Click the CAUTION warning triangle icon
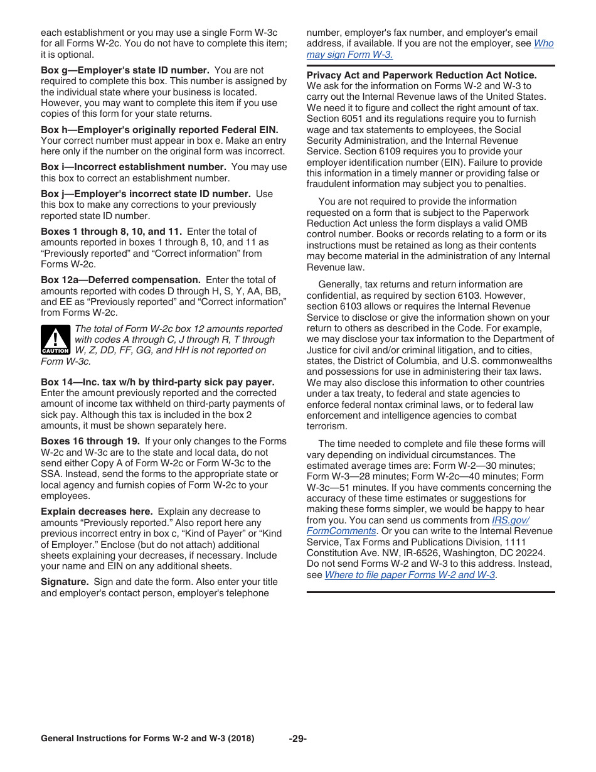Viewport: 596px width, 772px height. pyautogui.click(x=55, y=340)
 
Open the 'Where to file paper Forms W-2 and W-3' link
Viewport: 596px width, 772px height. pyautogui.click(x=410, y=575)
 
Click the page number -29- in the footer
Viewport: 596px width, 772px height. pyautogui.click(x=298, y=739)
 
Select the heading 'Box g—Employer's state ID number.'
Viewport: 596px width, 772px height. pyautogui.click(x=125, y=70)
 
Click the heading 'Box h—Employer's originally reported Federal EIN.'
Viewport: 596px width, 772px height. pyautogui.click(x=159, y=130)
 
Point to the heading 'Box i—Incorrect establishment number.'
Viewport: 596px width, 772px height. pyautogui.click(x=133, y=167)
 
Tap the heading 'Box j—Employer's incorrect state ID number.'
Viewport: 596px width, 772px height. pyautogui.click(x=146, y=194)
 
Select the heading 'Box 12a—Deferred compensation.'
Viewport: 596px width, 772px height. pyautogui.click(x=120, y=280)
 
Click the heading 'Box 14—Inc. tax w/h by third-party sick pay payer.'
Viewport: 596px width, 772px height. pyautogui.click(x=157, y=382)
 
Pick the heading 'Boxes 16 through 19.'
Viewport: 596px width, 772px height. pyautogui.click(x=90, y=441)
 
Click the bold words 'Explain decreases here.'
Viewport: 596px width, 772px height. pyautogui.click(x=97, y=512)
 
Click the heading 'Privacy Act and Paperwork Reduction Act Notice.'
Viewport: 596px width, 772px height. pyautogui.click(x=422, y=75)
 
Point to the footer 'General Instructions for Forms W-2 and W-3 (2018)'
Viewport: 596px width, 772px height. pyautogui.click(x=147, y=739)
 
